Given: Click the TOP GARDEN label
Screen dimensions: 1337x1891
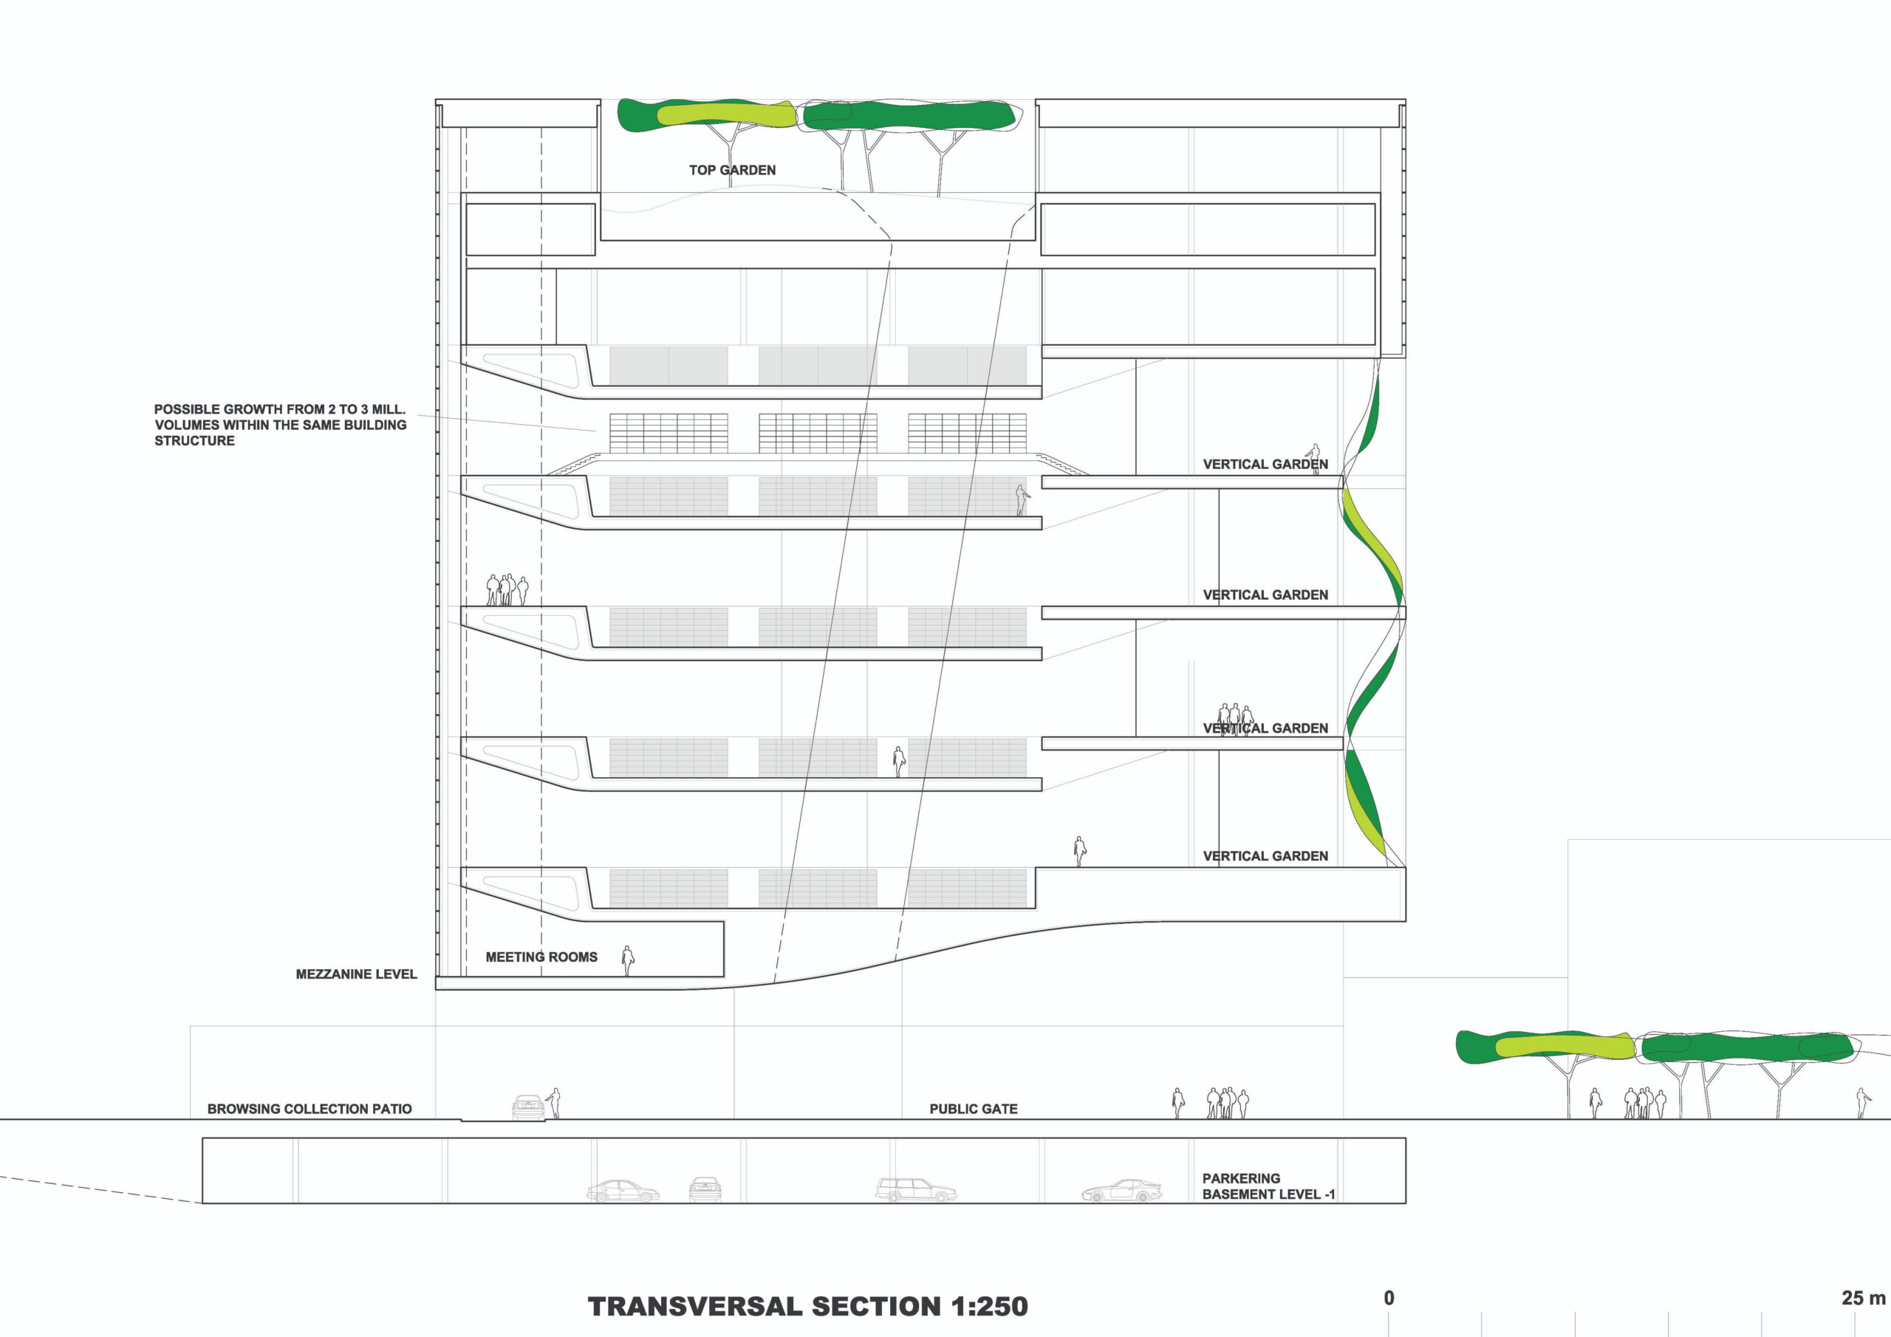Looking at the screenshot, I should click(732, 171).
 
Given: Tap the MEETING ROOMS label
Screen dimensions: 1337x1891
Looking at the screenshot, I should click(541, 957).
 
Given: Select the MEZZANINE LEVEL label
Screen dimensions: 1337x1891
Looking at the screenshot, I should click(356, 974).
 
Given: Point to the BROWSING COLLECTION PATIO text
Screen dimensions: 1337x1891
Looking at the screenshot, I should click(309, 1109).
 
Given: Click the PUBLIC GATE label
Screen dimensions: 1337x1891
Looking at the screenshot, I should click(974, 1109).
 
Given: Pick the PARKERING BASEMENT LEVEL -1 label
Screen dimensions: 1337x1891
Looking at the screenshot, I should click(1268, 1186).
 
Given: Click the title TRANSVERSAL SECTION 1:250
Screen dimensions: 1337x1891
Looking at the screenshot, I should click(807, 1307).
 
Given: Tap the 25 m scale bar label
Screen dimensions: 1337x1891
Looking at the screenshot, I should click(1862, 1299).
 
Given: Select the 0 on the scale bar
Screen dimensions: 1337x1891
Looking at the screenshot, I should click(1389, 1299).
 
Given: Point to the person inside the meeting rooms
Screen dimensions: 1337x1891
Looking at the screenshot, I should click(628, 960).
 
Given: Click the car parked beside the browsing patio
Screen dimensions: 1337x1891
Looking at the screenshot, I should click(528, 1107).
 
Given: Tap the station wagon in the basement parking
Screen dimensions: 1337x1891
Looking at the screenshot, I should click(915, 1190).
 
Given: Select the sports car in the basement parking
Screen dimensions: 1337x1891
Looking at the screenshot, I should click(1122, 1191).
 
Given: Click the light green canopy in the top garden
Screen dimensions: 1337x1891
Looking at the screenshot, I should click(725, 114).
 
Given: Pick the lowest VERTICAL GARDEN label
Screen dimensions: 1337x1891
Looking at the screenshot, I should click(1265, 857).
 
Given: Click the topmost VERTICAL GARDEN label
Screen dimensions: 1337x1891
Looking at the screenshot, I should click(1265, 465).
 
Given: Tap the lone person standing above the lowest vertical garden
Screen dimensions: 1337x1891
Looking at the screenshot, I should click(1080, 851).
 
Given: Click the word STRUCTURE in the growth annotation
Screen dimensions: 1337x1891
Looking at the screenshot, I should click(194, 442).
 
